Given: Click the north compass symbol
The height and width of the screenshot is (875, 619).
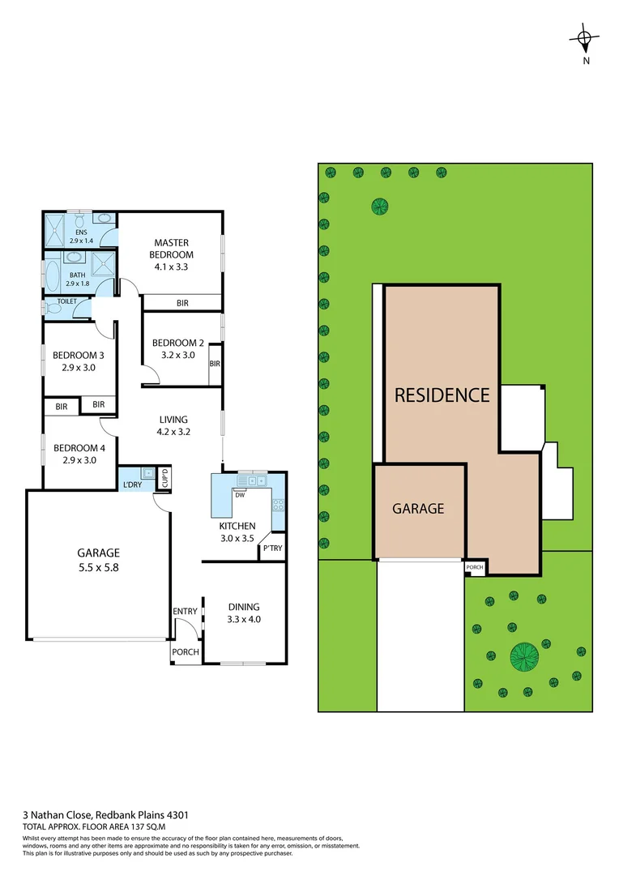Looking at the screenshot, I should pos(584,38).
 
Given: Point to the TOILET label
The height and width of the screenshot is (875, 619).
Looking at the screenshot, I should pos(67,301).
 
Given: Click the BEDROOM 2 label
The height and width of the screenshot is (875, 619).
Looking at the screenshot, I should pos(173,348).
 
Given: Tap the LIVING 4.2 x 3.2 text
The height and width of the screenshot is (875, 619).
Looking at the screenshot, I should pos(173,425).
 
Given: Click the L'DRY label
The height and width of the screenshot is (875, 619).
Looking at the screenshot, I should pos(132,485).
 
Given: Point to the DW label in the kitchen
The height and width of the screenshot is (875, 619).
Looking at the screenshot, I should pos(240,495).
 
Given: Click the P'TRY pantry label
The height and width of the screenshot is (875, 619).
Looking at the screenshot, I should pos(271,548).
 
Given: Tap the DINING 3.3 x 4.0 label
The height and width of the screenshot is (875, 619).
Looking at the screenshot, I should pos(244,613).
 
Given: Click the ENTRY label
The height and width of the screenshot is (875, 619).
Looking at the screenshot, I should pos(186,611).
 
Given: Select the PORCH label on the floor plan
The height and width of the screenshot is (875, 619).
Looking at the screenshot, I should pos(186,652).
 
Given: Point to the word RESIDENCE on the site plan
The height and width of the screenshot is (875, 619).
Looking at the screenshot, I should pos(442,395).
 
